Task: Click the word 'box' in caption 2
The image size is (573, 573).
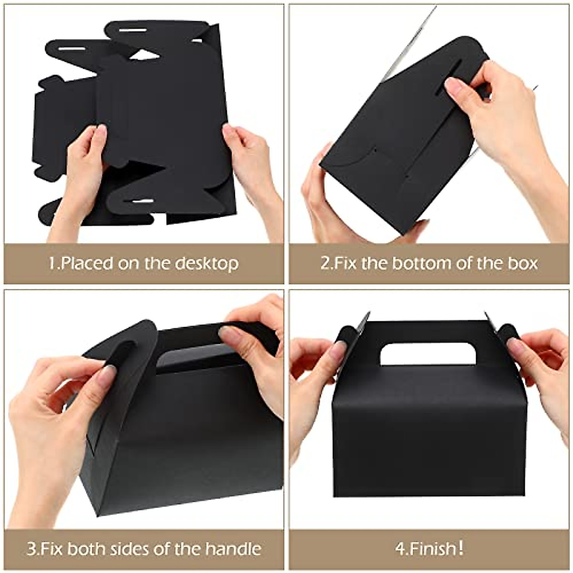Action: click(x=522, y=263)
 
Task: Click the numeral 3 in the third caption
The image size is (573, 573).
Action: click(x=32, y=549)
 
